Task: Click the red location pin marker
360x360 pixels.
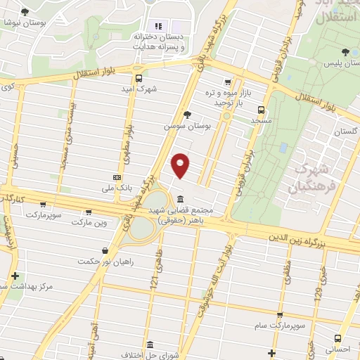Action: [181, 165]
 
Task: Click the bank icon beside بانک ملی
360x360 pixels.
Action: [117, 178]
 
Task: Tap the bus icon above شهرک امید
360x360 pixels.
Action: [139, 78]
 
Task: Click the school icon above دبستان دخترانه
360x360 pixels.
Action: [157, 26]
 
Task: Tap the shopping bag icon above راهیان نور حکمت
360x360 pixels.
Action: [105, 250]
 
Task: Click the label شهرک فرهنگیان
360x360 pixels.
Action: [308, 178]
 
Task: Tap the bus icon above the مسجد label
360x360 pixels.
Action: [262, 110]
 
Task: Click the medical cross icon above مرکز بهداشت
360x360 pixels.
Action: [15, 276]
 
